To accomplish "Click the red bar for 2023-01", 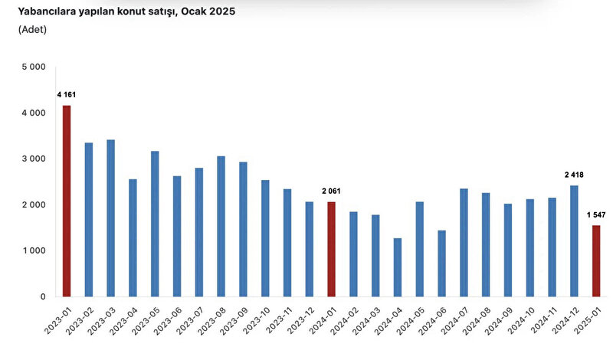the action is pos(67,201).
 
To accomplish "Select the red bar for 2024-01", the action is pos(331,250).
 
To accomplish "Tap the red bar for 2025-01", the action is pos(596,261).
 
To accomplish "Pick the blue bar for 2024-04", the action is pos(398,267).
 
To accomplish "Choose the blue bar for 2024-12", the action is pos(574,241).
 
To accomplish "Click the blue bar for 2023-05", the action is pos(156,224).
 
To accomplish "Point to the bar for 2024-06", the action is pos(442,263).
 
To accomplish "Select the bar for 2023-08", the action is pos(221,226).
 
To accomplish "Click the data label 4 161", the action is pos(67,94).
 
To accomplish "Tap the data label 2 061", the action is pos(331,191).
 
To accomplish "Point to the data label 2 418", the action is pos(574,175).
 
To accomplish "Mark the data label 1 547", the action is pos(596,214).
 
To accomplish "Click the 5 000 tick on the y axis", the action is pos(34,67).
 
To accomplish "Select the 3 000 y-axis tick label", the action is pos(34,159).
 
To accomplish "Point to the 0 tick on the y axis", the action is pos(43,296).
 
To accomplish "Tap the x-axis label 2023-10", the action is pos(257,320).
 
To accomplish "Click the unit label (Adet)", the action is pos(32,30).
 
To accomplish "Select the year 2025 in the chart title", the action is pos(222,11).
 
